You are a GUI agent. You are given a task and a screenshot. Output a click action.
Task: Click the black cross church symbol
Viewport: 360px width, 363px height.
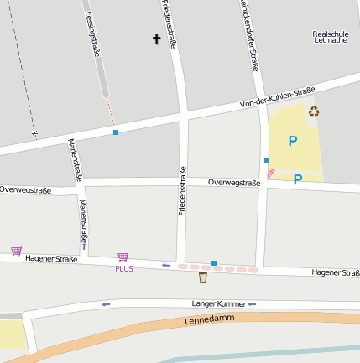(x=156, y=39)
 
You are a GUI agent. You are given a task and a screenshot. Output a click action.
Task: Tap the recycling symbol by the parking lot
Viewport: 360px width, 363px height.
(x=314, y=111)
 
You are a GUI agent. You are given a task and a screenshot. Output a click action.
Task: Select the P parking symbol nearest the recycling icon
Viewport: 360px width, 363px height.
(x=293, y=141)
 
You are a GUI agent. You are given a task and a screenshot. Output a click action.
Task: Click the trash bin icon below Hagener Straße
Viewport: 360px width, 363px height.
(x=202, y=277)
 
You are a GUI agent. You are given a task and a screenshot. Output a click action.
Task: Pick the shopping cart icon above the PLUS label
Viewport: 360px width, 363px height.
(x=123, y=257)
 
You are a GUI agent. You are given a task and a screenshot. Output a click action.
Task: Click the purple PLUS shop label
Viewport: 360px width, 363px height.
(x=124, y=268)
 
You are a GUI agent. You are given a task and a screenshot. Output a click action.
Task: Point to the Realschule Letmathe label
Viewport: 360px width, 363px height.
(x=329, y=36)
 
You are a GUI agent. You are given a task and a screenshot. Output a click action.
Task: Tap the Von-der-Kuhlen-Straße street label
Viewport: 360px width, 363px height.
(x=277, y=96)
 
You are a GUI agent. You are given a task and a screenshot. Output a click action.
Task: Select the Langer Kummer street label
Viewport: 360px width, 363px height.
(x=218, y=303)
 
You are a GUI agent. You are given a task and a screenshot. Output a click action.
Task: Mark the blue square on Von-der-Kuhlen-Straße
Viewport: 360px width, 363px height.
(x=115, y=132)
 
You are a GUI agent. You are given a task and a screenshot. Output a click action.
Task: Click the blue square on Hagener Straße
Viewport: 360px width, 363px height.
(x=214, y=263)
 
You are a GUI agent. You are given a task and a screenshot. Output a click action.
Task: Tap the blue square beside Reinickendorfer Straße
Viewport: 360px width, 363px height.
(x=266, y=159)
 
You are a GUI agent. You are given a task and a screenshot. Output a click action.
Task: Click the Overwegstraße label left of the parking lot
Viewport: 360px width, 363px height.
(x=234, y=182)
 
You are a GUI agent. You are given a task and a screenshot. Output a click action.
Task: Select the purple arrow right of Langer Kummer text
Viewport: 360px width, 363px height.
(x=251, y=303)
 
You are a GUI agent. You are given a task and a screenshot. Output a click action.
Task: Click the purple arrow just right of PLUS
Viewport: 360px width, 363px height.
(x=166, y=266)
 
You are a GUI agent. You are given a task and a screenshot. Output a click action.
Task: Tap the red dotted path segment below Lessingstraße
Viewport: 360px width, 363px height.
(x=110, y=111)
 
